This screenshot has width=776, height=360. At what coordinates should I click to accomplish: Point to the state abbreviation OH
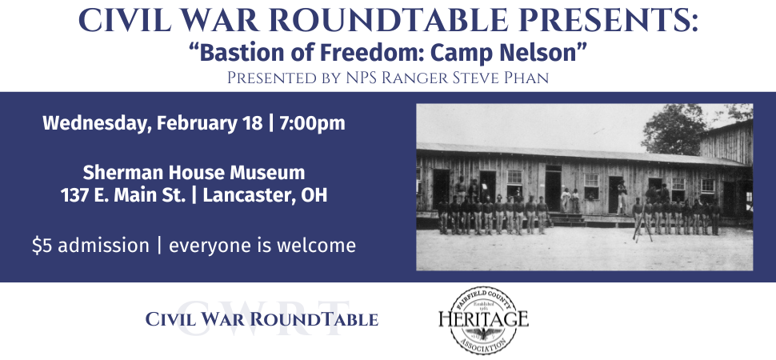coord(314,195)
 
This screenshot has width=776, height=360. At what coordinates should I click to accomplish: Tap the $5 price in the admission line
coord(42,246)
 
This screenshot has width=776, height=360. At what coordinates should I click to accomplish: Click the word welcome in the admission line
coord(317,246)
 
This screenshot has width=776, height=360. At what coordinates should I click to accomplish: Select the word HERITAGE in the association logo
coord(482,319)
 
